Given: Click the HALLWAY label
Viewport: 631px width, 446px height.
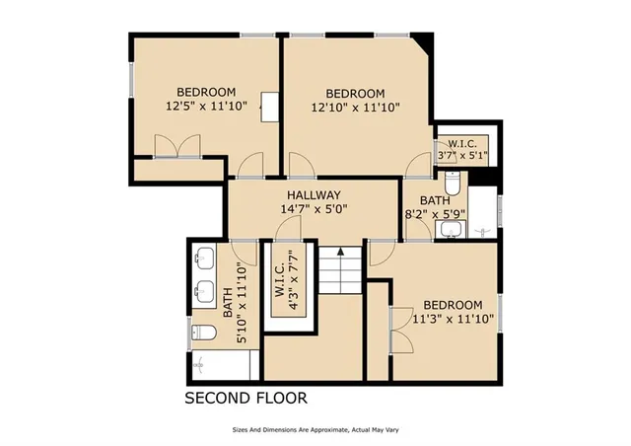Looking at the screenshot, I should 315,195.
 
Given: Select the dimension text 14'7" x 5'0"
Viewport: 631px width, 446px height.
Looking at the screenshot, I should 315,209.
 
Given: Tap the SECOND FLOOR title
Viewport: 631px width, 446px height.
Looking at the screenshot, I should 246,399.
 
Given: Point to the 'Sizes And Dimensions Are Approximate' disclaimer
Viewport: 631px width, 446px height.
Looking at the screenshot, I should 315,430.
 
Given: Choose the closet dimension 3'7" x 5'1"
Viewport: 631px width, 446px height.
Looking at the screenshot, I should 462,155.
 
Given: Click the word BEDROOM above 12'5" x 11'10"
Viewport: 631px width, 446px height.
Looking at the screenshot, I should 206,92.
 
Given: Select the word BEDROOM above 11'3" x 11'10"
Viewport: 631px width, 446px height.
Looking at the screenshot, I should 453,305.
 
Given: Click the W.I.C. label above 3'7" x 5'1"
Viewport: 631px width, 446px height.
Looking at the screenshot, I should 462,142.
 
